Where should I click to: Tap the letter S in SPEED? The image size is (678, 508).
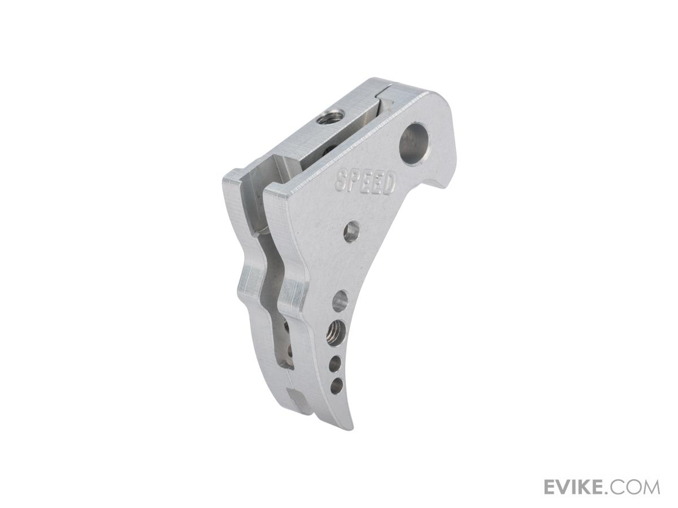tap(341, 179)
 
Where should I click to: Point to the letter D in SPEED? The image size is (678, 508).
tap(390, 185)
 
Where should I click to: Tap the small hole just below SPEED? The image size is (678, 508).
tap(352, 231)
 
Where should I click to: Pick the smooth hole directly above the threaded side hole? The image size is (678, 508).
tap(340, 300)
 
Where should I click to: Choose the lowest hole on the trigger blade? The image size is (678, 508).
tap(336, 386)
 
